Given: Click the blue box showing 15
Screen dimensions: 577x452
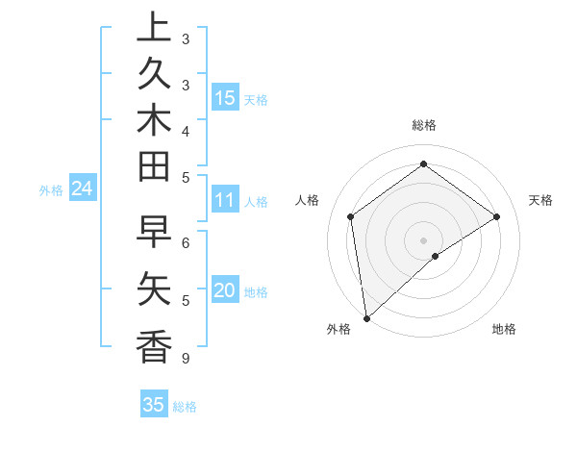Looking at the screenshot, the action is pos(225,97).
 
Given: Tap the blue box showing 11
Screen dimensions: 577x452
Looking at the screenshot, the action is pos(225,201).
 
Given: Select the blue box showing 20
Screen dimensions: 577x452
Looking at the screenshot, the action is pos(225,290).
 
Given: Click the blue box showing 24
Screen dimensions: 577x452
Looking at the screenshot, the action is pos(82,189).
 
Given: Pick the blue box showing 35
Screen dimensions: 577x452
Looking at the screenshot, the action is pos(154,405).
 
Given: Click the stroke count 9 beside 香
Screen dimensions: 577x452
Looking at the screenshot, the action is pos(185,359).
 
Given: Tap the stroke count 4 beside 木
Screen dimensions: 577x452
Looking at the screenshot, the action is pos(185,130).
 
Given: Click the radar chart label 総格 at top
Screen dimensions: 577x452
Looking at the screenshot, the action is pos(423,125).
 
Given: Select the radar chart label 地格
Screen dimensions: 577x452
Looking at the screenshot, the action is pos(504,329).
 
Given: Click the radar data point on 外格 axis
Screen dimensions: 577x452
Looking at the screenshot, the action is pos(366,317).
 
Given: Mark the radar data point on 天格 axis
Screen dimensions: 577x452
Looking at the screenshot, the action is pos(497,216).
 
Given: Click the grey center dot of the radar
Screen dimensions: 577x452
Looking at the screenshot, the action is pos(423,239).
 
